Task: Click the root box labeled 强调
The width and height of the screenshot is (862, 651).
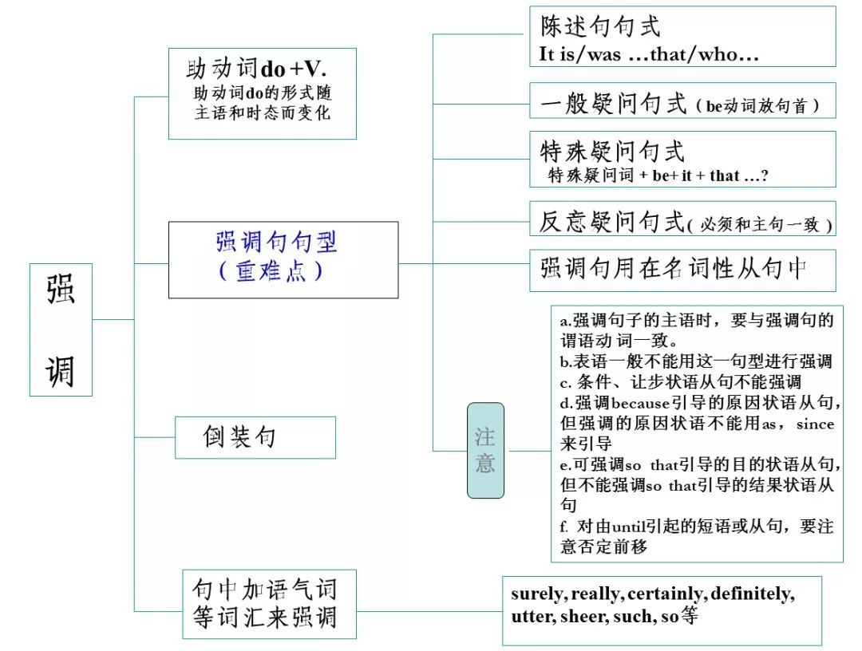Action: coord(61,329)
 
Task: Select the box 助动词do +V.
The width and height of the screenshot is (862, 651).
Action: coord(262,93)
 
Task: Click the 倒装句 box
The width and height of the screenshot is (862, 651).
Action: coord(255,437)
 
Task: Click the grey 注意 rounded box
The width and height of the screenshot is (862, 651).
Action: coord(485,450)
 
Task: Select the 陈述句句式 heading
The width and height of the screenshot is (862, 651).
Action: coord(600,27)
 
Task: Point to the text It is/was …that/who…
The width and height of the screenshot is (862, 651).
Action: coord(648,55)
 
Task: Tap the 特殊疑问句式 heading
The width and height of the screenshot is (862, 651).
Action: coord(612,150)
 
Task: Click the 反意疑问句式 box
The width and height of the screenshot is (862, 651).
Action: coord(682,221)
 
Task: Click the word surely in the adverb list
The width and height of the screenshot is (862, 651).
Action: coord(539,594)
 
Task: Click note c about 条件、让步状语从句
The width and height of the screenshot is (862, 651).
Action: coord(680,382)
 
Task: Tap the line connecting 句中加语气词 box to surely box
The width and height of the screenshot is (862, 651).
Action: coord(429,613)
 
